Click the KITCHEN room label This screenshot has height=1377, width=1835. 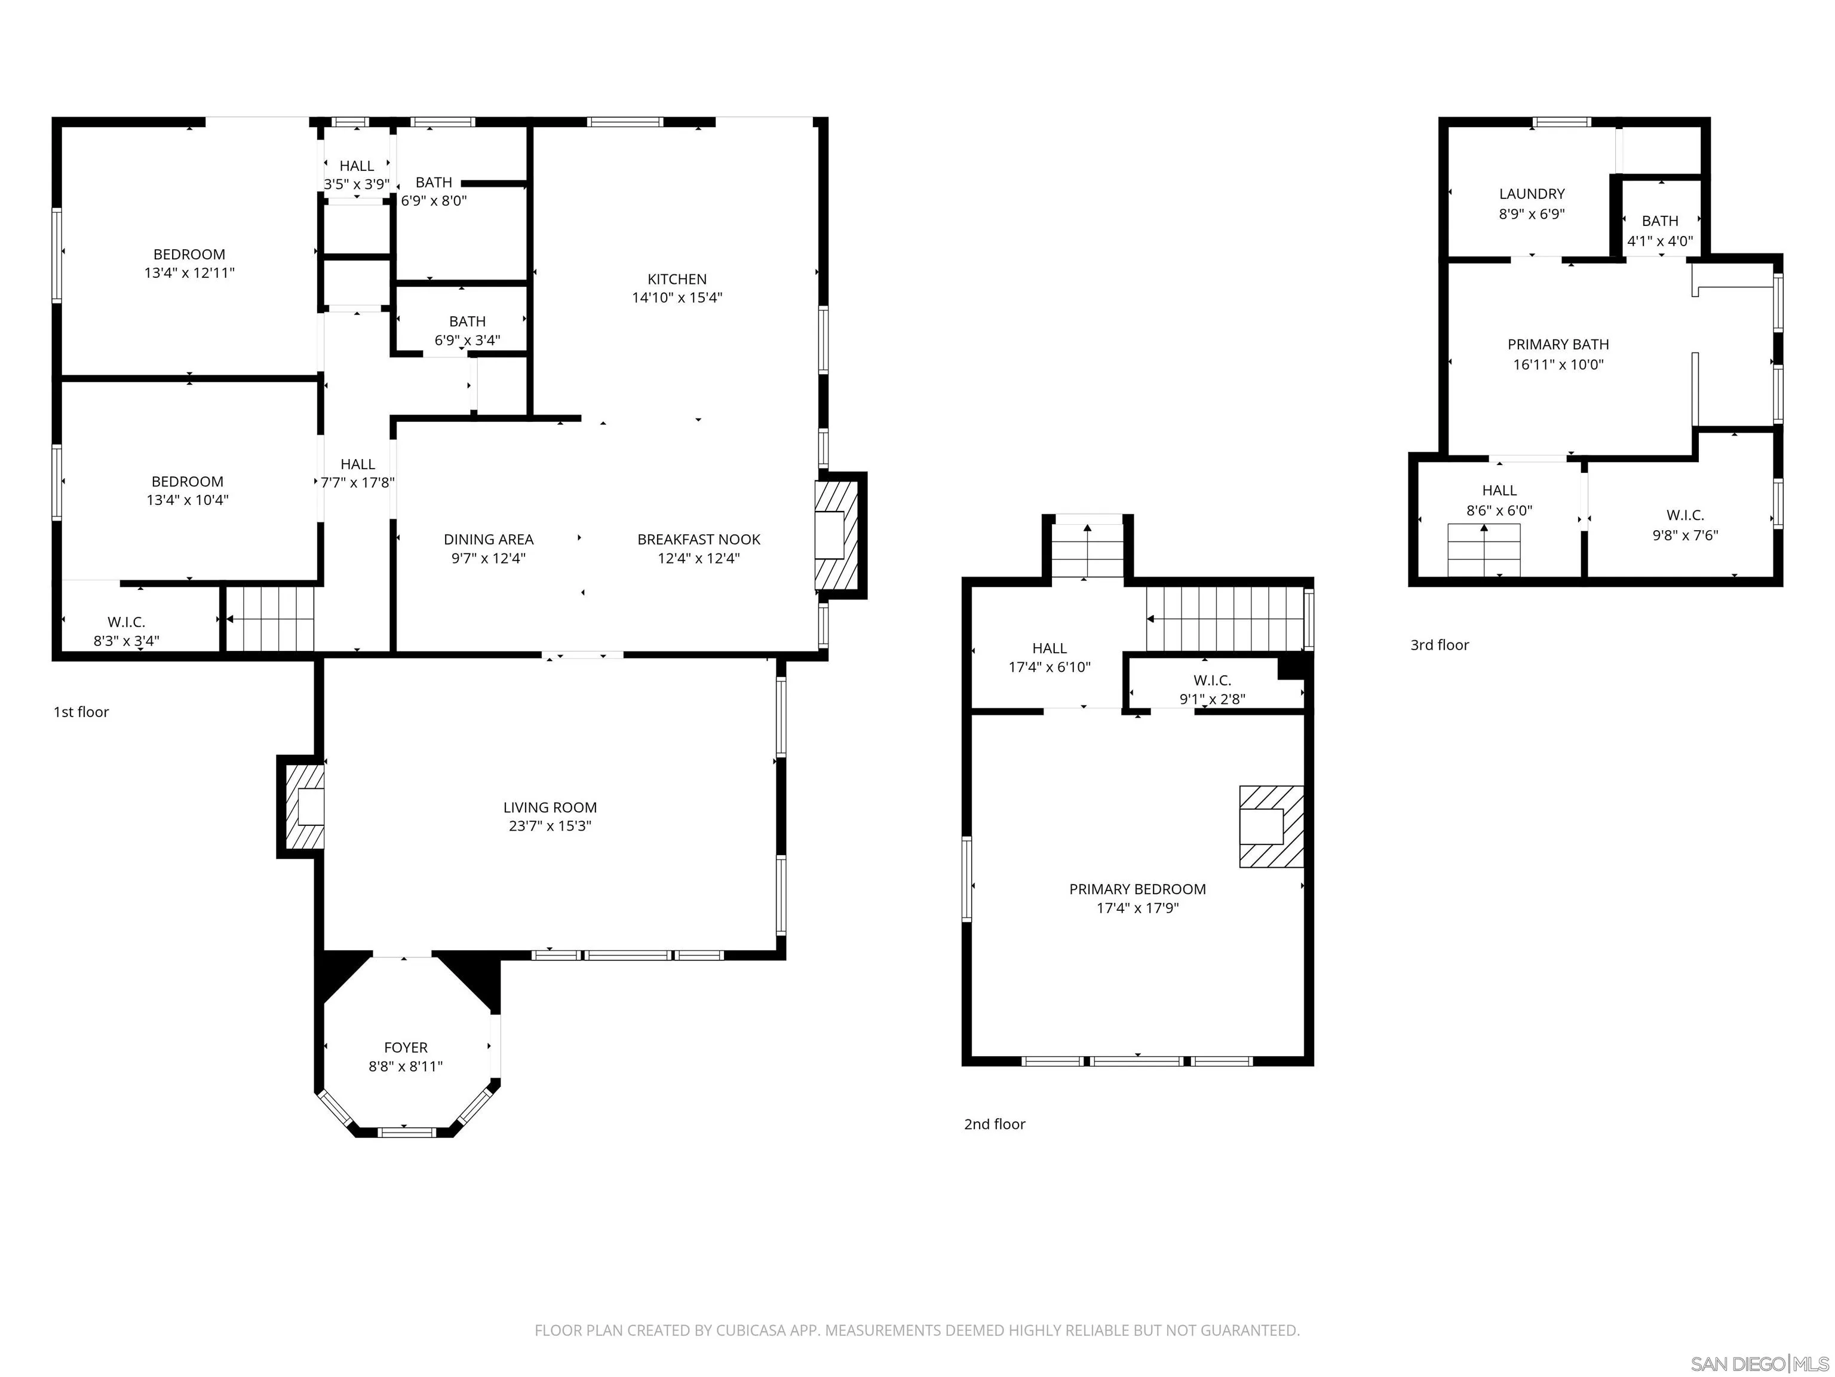click(x=677, y=280)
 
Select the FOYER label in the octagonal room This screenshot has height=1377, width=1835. click(x=406, y=1048)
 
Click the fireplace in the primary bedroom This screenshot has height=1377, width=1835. click(x=1270, y=826)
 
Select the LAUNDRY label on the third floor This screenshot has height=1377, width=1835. click(x=1532, y=194)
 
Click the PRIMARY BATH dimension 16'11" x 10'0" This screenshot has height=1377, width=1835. click(x=1558, y=365)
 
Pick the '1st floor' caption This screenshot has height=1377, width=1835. click(x=81, y=712)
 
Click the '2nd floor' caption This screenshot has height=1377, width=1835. click(x=995, y=1124)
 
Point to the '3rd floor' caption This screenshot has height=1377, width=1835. click(x=1440, y=645)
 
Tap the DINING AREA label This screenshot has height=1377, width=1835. click(x=488, y=540)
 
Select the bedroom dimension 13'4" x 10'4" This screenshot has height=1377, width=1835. click(x=188, y=500)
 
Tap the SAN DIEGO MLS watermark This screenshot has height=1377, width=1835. click(x=1759, y=1364)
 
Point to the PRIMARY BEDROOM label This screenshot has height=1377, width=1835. click(x=1137, y=889)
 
